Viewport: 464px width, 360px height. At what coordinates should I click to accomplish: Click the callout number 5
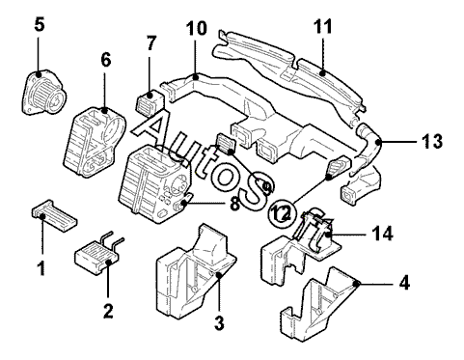coord(40,25)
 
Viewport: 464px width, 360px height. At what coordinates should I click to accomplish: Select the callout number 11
coord(322,26)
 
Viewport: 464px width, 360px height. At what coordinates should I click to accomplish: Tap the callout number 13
coord(432,141)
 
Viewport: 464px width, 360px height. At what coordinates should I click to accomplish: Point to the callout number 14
coord(382,234)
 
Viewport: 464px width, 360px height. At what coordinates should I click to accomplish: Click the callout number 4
coord(404,284)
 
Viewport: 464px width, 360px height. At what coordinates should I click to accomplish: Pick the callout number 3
coord(219,322)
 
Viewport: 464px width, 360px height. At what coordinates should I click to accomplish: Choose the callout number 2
coord(108,311)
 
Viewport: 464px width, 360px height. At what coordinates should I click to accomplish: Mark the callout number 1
coord(41,268)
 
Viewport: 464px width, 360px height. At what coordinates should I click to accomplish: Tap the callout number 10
coord(196,28)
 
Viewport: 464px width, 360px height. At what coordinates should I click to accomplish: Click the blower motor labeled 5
coord(45,94)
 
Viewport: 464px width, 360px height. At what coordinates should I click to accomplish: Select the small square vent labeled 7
coord(150,99)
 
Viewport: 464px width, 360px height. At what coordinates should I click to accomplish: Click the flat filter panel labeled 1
coord(55,215)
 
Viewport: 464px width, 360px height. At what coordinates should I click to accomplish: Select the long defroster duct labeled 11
coord(289,70)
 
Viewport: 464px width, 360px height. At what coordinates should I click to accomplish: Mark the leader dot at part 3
coord(219,274)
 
